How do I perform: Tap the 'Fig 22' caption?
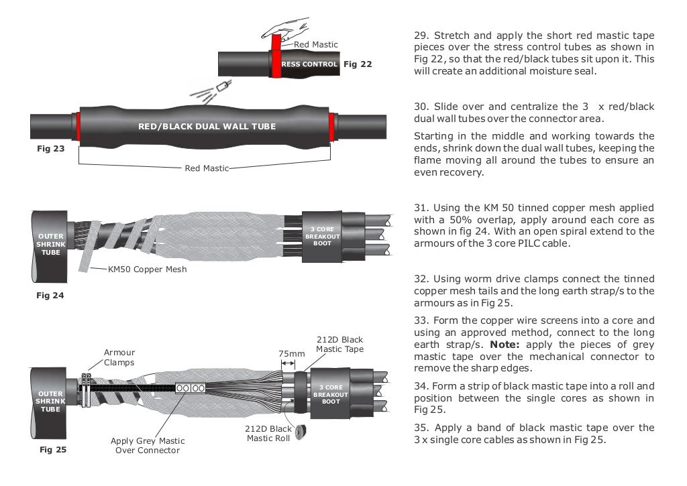click(x=357, y=64)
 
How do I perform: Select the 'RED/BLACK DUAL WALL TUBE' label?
click(x=207, y=126)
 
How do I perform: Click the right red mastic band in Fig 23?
click(x=333, y=125)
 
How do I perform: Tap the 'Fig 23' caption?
click(x=50, y=148)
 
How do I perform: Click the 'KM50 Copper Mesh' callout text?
click(x=147, y=269)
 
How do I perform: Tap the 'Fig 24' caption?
click(x=50, y=295)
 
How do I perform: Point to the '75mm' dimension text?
click(x=291, y=353)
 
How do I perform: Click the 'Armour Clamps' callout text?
click(x=119, y=357)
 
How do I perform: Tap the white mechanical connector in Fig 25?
click(x=190, y=388)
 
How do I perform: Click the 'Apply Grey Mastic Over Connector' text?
click(x=148, y=446)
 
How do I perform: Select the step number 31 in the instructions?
click(x=421, y=208)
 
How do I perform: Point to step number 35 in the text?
click(x=421, y=427)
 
